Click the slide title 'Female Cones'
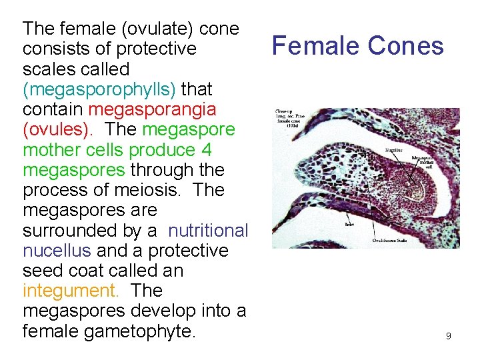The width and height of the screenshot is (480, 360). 357,46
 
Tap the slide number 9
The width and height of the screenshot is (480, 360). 448,336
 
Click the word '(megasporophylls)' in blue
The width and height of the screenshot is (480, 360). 99,89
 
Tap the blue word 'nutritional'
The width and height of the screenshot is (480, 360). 208,231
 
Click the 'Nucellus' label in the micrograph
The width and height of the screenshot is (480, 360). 393,151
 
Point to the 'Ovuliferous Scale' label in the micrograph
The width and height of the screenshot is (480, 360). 389,241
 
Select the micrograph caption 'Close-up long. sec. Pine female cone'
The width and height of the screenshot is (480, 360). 291,121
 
